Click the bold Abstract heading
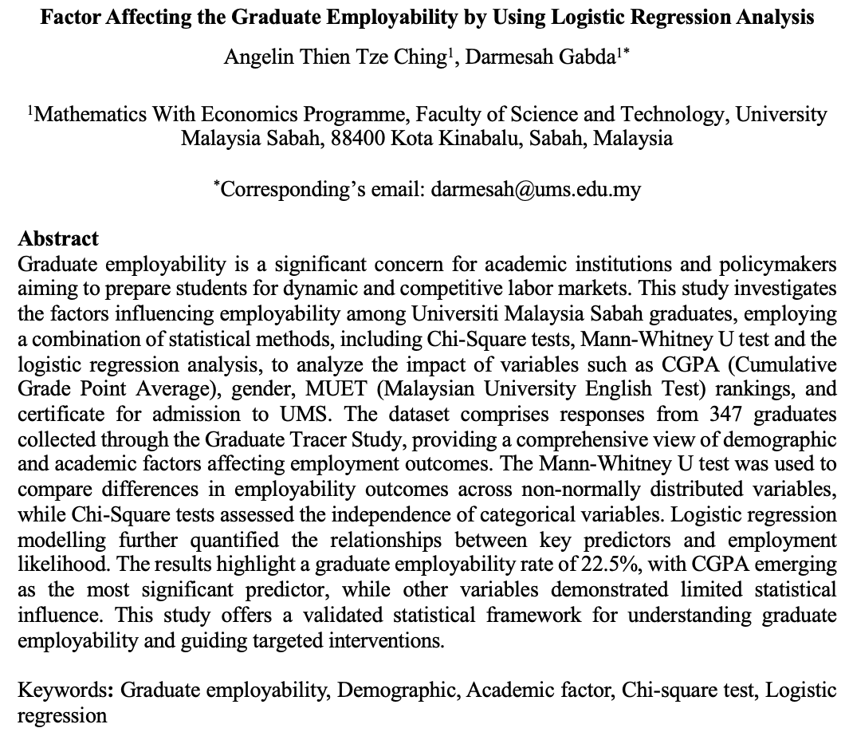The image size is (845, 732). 58,238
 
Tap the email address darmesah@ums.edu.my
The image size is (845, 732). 536,190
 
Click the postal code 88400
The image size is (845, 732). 359,138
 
